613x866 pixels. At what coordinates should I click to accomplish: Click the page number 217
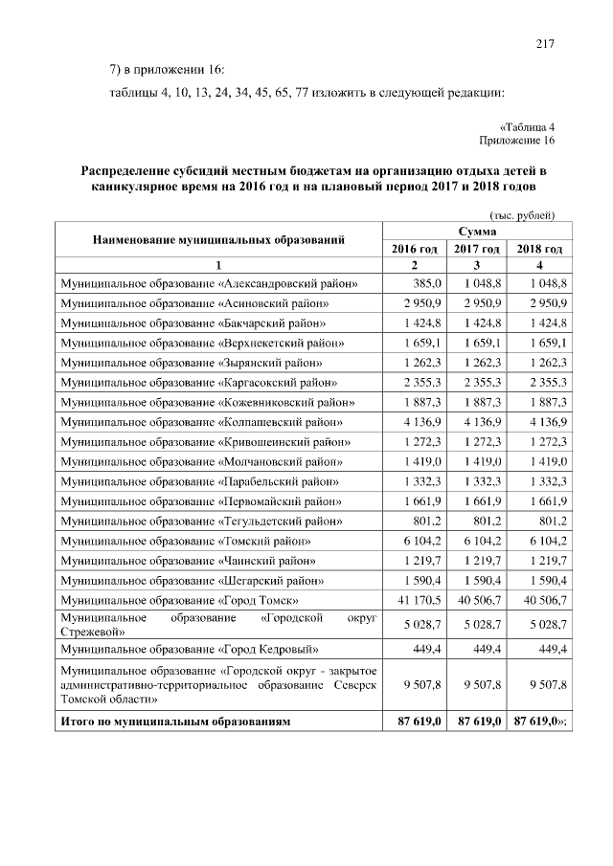[546, 43]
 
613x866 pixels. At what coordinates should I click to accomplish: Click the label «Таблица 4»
[528, 126]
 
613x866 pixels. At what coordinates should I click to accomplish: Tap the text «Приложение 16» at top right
[517, 141]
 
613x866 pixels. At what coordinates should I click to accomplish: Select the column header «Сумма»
[476, 232]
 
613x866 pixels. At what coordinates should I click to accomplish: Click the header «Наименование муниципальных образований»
[218, 240]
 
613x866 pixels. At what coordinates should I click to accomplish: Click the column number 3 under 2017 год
[477, 265]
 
